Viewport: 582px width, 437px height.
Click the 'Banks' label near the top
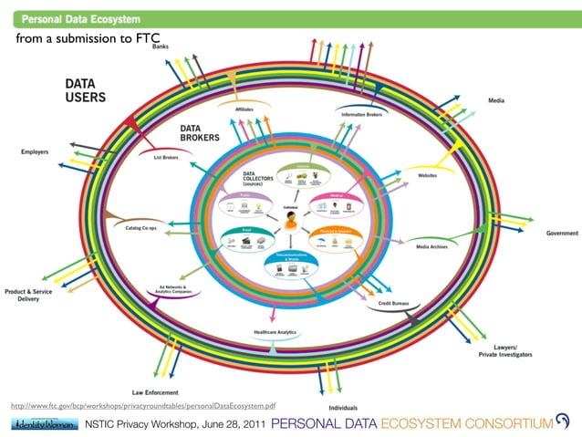[x=160, y=46]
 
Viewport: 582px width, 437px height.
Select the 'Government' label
[x=561, y=234]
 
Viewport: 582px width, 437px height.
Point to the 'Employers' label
[x=36, y=151]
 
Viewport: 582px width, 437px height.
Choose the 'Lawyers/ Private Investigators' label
[x=504, y=351]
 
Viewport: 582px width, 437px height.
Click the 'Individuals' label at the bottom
[x=343, y=407]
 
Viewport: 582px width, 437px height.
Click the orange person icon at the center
[x=291, y=222]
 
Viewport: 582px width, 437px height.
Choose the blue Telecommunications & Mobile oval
[x=291, y=265]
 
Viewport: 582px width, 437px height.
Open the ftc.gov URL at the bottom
[x=143, y=404]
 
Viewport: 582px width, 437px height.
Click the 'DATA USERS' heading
[x=85, y=88]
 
